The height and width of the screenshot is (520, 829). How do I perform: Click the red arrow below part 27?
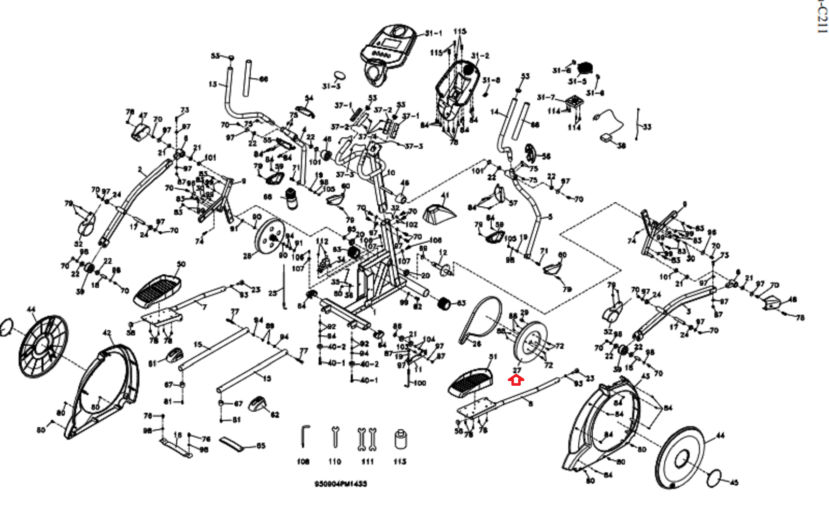[516, 381]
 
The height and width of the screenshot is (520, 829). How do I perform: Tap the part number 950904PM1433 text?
[340, 484]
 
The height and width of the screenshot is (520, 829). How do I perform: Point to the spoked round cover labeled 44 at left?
[44, 346]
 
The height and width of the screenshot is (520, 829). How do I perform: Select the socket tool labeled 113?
[399, 440]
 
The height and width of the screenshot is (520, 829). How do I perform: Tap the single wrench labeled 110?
[335, 437]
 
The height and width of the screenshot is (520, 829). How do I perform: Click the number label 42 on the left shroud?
[107, 333]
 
